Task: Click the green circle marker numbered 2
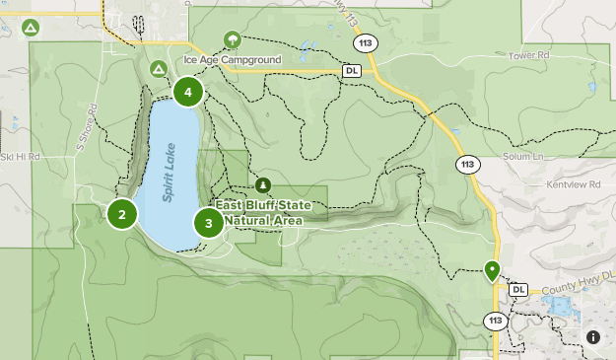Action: tap(122, 213)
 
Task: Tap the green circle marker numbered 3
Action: tap(209, 223)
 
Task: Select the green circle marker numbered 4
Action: tap(187, 93)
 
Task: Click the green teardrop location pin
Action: tap(492, 269)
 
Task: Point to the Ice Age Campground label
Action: tap(233, 60)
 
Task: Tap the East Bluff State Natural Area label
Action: tap(271, 213)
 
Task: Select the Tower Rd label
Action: tap(528, 56)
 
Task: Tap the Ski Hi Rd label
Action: tap(20, 156)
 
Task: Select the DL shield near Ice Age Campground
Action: tap(352, 71)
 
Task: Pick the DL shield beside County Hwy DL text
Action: tap(518, 289)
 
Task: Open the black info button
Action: tap(593, 337)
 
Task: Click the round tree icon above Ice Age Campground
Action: tap(233, 39)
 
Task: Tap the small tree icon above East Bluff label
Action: tap(263, 184)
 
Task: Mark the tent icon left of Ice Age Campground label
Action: tap(158, 68)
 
